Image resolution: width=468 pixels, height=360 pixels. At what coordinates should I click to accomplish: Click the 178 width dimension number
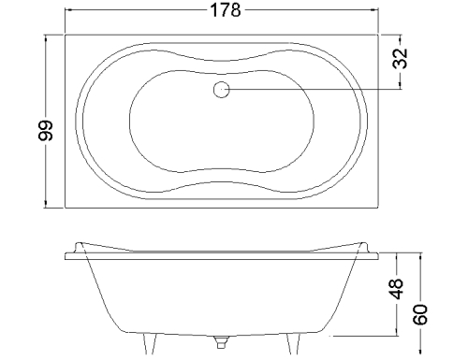click(x=226, y=10)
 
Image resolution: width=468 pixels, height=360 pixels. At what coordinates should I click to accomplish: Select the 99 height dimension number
click(x=46, y=130)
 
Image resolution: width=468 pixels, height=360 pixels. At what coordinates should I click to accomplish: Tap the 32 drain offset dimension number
click(x=400, y=58)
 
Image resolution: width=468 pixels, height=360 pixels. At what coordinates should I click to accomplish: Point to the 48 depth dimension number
click(x=397, y=289)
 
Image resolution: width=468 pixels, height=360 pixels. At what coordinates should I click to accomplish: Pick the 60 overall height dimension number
click(x=420, y=314)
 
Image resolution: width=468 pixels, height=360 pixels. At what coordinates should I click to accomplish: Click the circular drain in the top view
click(x=222, y=90)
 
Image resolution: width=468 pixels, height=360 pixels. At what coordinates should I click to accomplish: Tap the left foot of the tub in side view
click(x=150, y=343)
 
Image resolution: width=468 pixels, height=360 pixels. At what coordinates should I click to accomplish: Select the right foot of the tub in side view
click(x=294, y=343)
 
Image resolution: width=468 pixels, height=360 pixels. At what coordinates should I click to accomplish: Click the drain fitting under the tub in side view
click(x=221, y=342)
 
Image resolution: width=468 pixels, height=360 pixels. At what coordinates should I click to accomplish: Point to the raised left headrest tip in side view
click(x=79, y=243)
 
